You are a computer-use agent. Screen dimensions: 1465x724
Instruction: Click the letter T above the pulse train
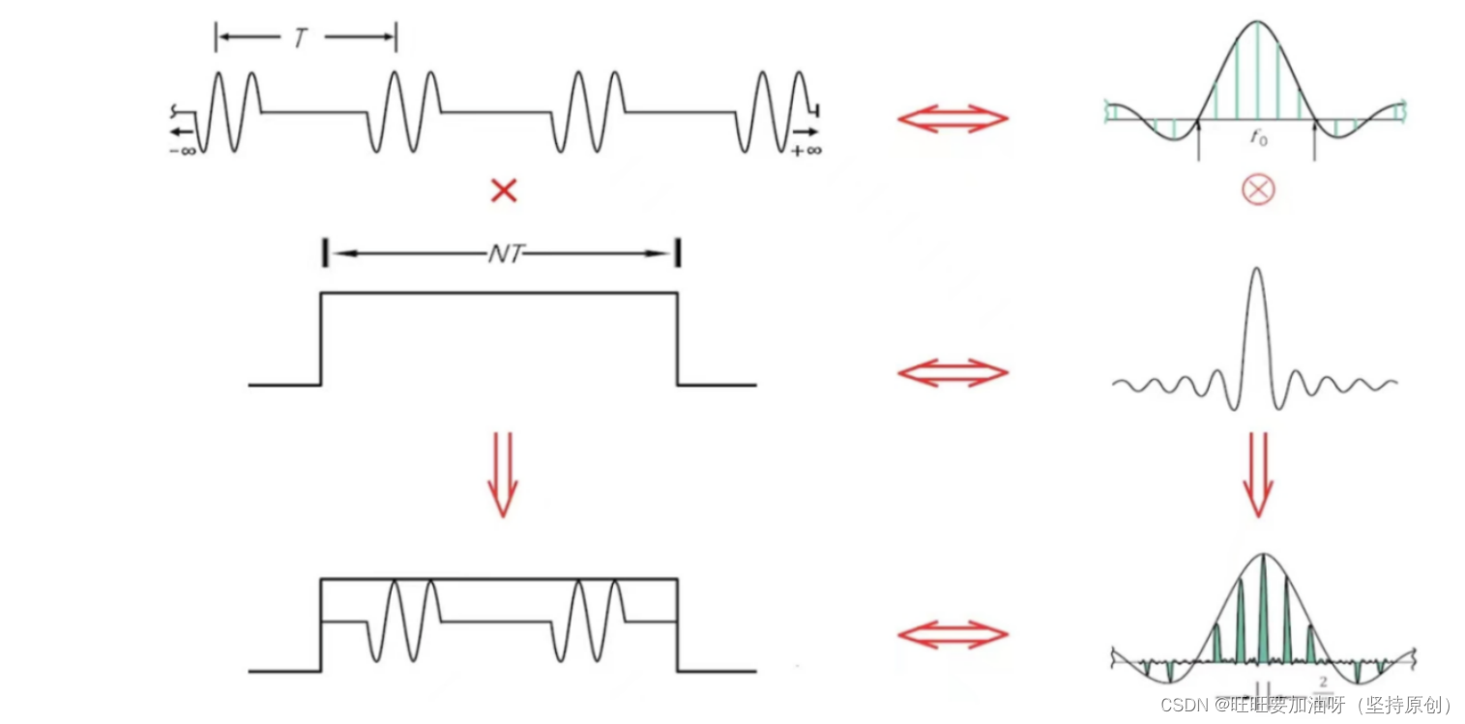coord(300,39)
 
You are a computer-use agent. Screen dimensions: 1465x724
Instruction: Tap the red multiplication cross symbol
coord(504,190)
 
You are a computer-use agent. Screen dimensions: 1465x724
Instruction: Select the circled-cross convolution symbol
coord(1258,189)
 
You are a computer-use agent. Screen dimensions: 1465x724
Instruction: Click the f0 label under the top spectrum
coord(1257,138)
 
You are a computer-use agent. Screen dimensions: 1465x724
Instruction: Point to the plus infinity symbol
coord(806,151)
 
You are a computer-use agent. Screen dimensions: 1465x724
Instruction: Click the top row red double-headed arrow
coord(952,119)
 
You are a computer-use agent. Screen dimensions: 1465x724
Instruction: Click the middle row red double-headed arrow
coord(952,372)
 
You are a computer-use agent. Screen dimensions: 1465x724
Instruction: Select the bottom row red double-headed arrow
coord(952,634)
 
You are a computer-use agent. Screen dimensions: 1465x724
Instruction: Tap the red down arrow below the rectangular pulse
coord(502,474)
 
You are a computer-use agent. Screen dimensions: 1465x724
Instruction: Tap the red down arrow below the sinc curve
coord(1258,474)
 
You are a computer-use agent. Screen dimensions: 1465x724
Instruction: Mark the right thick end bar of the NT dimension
coord(677,254)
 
